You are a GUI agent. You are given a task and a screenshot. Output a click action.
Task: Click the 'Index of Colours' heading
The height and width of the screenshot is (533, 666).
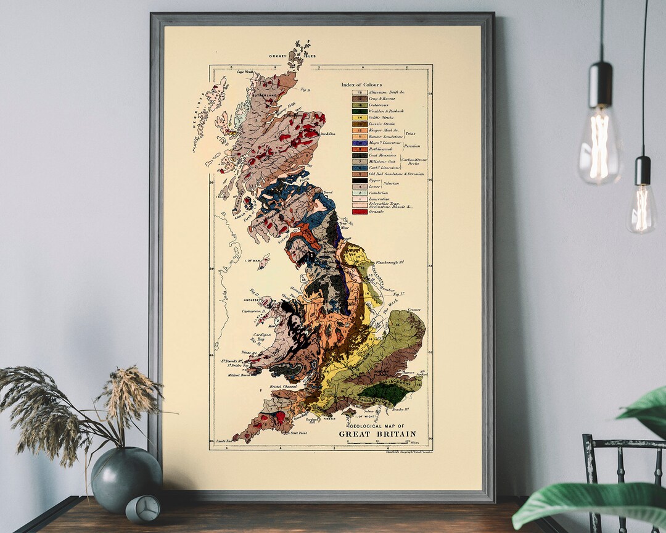point(361,85)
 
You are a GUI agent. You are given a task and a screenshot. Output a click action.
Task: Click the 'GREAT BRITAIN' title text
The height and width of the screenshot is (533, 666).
point(377,434)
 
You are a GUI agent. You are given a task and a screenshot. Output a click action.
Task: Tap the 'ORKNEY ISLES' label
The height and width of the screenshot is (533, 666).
point(292,56)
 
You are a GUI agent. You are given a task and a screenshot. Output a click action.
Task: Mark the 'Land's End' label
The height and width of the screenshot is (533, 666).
point(227,442)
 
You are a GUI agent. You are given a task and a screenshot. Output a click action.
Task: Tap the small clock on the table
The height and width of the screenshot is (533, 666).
point(142,508)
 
